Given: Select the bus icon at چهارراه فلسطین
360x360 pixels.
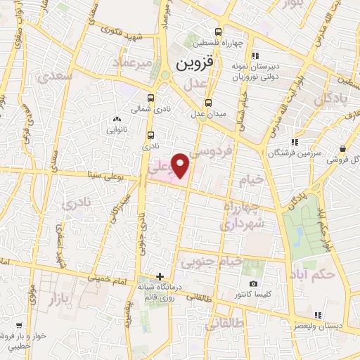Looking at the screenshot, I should coord(218,32).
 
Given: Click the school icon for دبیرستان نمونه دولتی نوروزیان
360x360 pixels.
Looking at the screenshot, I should coord(255,55).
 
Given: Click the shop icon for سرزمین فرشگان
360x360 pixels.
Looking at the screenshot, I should coord(293,142).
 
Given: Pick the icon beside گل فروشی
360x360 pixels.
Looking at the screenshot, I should coord(342,149).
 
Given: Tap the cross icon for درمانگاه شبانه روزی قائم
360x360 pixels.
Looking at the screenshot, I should coord(160,276).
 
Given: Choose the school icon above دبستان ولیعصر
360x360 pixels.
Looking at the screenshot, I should coord(317,315).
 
